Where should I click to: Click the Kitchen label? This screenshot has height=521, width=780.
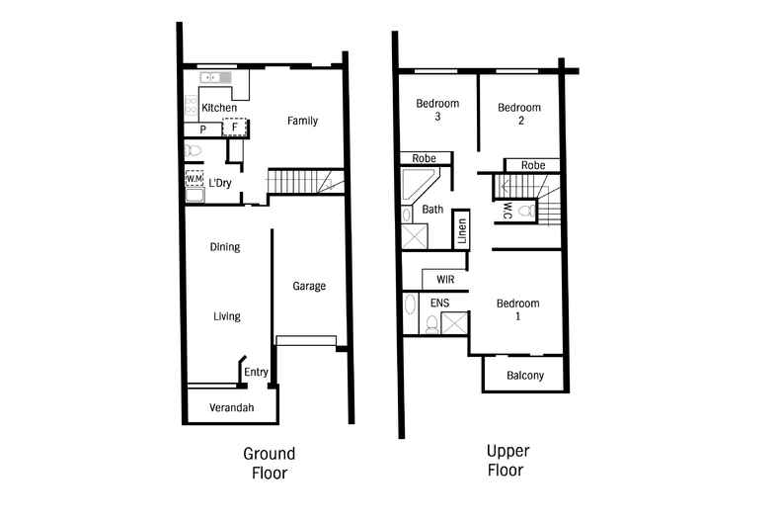(218, 107)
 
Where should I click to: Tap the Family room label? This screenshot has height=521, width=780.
(302, 121)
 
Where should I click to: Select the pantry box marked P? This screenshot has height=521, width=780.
(202, 129)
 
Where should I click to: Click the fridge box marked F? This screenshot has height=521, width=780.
(235, 128)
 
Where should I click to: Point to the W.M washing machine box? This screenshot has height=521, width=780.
(194, 179)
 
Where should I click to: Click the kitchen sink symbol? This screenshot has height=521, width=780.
(212, 77)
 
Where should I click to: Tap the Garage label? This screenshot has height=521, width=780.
(308, 286)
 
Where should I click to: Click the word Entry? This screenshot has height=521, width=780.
(256, 372)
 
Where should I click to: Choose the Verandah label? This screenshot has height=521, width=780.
(232, 407)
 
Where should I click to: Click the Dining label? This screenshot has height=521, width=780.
(224, 247)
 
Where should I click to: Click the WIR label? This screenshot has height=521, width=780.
(444, 280)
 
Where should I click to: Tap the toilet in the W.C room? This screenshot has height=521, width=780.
(524, 211)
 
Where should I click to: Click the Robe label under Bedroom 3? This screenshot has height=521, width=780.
(425, 157)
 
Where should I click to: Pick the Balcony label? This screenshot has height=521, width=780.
(522, 376)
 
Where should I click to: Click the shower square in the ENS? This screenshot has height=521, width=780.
(454, 322)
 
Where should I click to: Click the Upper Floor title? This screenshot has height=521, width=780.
(507, 461)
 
